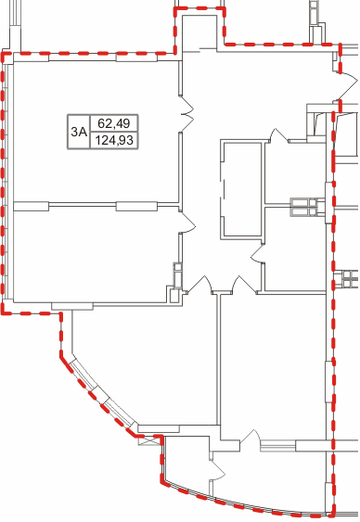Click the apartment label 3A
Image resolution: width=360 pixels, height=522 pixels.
79,132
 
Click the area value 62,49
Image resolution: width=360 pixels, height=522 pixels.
114,123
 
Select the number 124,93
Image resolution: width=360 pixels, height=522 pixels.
114,140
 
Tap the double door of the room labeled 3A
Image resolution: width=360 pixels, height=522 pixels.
186,114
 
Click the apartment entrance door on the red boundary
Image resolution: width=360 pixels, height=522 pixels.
348,85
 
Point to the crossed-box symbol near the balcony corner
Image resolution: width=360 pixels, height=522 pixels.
148,440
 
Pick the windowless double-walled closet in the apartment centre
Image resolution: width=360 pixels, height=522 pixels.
241,189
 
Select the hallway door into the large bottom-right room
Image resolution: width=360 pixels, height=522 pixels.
244,286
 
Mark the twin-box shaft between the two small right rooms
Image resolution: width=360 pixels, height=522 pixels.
303,207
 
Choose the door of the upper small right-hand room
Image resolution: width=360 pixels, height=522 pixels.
278,135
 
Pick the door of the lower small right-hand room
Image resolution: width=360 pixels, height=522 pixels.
257,254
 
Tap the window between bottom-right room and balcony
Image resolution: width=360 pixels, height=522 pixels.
278,446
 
